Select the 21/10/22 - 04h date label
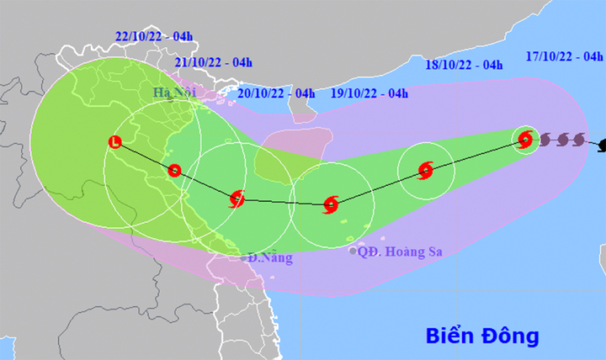214,62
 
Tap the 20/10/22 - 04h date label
276,93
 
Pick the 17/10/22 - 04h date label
563,57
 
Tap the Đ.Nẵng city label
269,258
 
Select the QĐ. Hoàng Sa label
400,251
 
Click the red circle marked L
116,142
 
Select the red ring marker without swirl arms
174,170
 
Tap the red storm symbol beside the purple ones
526,140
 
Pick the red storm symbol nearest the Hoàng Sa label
331,203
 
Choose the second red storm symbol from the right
426,171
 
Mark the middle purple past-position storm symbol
561,140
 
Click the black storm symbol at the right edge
601,146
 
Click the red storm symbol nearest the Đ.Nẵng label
237,199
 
